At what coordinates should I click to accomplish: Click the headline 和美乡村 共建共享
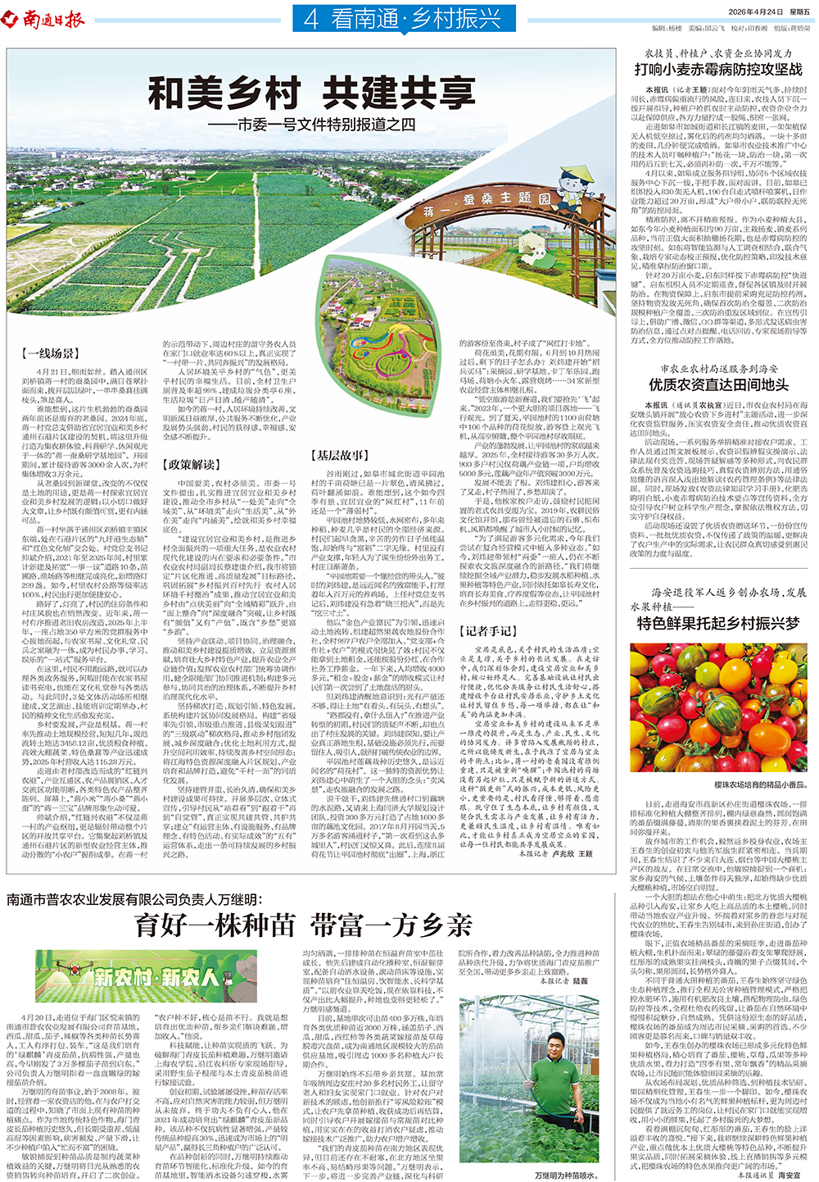pyautogui.click(x=311, y=93)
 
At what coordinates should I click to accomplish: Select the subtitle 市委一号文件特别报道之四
pyautogui.click(x=323, y=125)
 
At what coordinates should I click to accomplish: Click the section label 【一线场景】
pyautogui.click(x=49, y=352)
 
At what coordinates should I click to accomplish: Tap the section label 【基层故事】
pyautogui.click(x=339, y=455)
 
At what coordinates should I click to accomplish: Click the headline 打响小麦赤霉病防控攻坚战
pyautogui.click(x=718, y=70)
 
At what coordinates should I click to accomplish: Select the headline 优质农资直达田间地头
pyautogui.click(x=718, y=384)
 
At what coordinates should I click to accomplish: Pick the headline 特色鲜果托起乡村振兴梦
pyautogui.click(x=718, y=623)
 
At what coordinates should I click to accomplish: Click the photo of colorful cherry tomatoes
pyautogui.click(x=718, y=706)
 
